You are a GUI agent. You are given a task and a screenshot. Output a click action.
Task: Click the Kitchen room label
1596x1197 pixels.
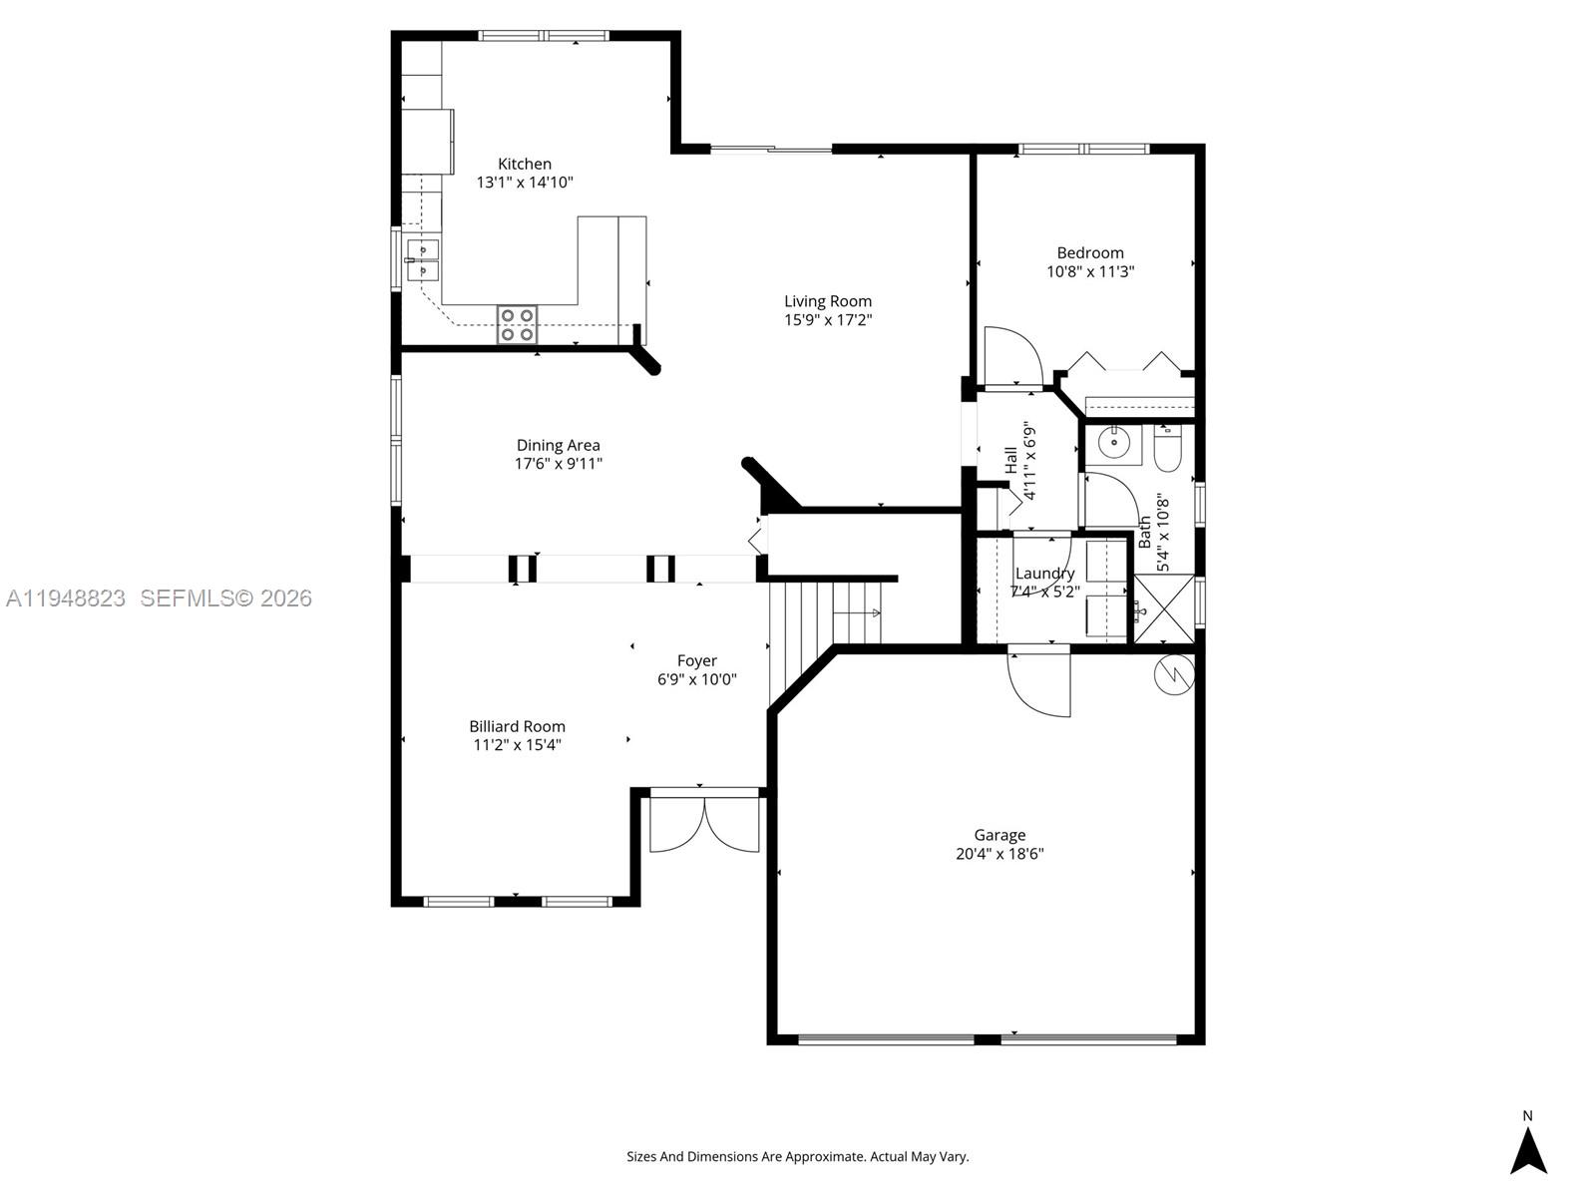click(525, 164)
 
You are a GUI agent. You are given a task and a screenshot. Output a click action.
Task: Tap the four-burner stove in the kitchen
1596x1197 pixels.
click(517, 324)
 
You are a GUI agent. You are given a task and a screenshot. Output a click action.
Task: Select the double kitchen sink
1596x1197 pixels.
click(423, 259)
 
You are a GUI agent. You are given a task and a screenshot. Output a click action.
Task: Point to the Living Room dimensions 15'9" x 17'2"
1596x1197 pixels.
click(828, 320)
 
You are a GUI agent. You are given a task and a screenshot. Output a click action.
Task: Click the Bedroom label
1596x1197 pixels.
click(1090, 253)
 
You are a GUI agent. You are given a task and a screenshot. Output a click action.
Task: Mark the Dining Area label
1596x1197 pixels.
click(558, 446)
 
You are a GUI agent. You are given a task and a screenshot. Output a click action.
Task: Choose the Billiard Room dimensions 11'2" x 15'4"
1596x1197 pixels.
click(517, 745)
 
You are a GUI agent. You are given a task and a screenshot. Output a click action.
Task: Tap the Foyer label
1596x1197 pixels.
click(696, 660)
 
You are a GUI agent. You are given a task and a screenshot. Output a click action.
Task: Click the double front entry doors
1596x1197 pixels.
click(704, 823)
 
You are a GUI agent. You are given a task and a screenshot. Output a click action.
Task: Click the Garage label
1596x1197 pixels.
click(999, 835)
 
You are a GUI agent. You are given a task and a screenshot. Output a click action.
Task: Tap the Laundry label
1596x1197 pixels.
click(1044, 574)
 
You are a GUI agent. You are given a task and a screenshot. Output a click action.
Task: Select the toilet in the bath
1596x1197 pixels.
click(1166, 451)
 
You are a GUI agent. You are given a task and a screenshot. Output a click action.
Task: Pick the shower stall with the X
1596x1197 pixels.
click(1164, 608)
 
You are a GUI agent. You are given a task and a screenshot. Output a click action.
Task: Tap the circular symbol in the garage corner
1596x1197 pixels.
click(1175, 675)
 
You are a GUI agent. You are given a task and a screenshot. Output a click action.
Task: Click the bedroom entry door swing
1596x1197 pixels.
click(1012, 356)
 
